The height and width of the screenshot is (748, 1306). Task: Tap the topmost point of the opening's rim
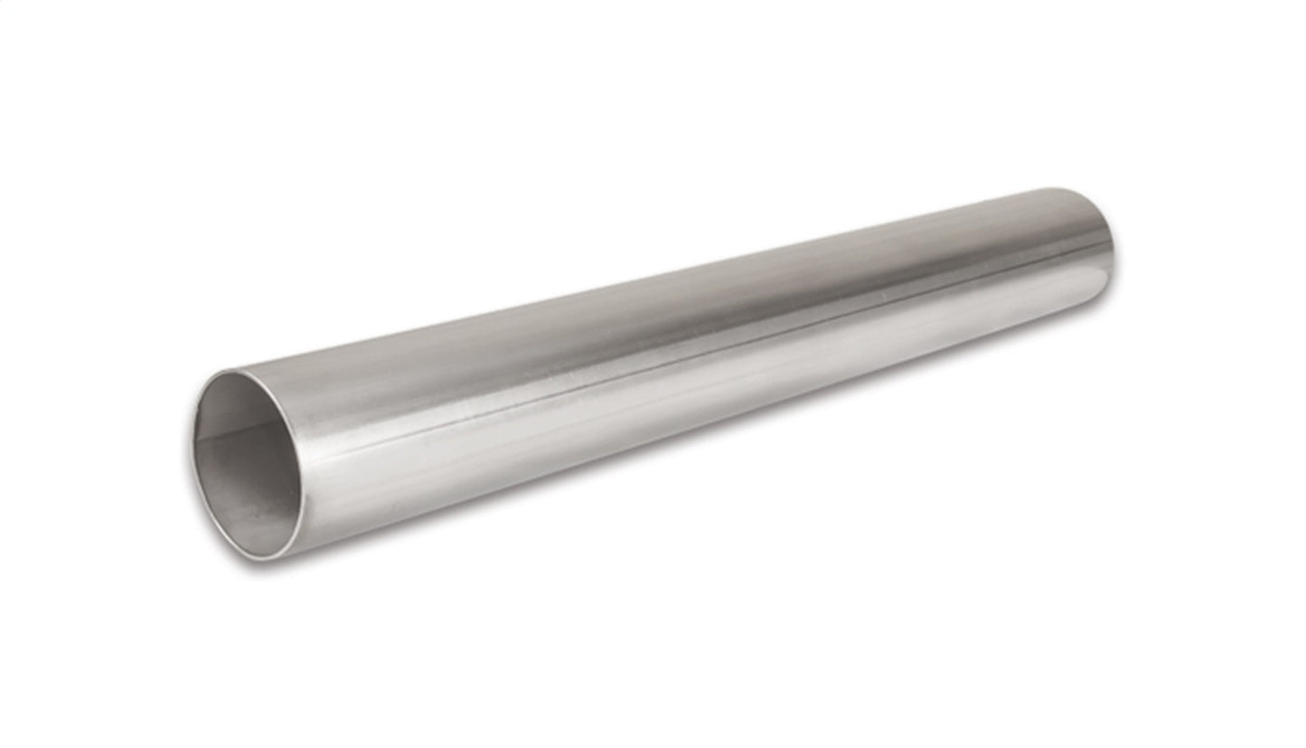coord(237,371)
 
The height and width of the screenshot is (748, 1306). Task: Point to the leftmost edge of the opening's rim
coord(193,452)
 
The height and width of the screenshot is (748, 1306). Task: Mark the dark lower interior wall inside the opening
coord(253,507)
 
